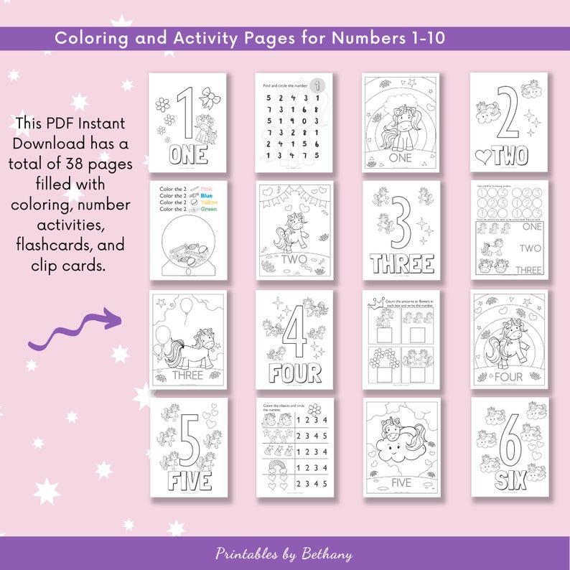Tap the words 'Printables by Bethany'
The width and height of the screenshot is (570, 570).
285,553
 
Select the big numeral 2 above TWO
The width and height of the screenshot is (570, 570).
508,113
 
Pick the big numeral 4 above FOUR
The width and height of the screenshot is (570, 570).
295,332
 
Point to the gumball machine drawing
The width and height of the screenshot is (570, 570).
187,248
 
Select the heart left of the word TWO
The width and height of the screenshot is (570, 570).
482,156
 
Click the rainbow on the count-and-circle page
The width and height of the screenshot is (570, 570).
275,470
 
